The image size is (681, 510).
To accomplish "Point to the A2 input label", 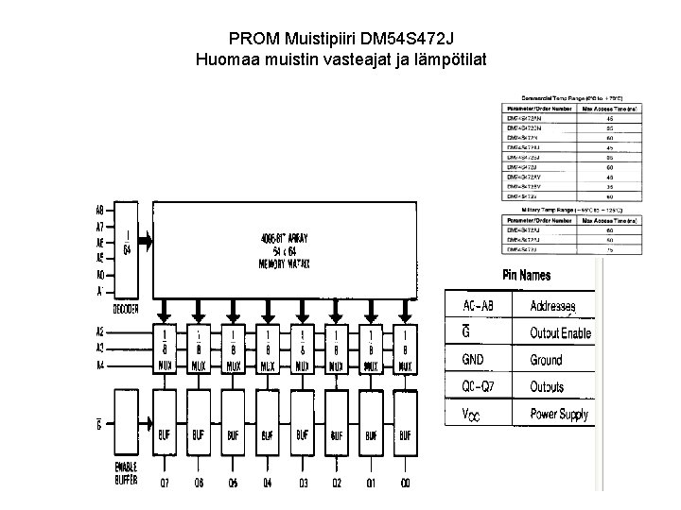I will pos(99,332).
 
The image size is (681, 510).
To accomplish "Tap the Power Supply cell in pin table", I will pos(559,413).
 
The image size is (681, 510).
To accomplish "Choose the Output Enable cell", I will pos(560,333).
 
